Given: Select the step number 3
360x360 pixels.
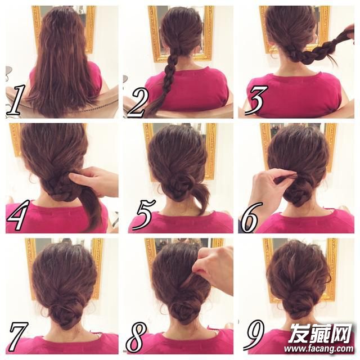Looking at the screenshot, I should click(x=256, y=101).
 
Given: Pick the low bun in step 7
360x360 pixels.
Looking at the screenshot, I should click(x=65, y=312).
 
